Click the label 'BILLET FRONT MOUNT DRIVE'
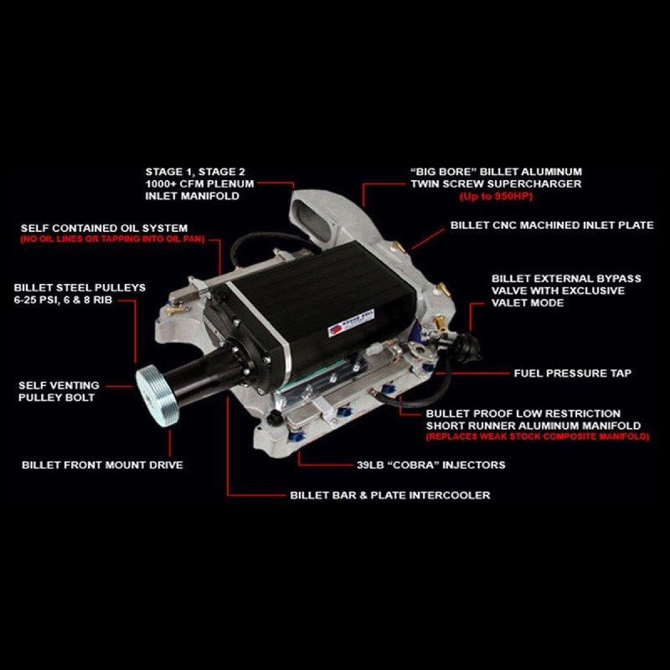tap(102, 464)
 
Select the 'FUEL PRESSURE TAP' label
tap(572, 373)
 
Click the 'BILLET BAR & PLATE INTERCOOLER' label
tap(389, 495)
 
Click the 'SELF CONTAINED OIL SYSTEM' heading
tap(105, 228)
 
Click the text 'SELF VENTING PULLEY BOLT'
tap(58, 391)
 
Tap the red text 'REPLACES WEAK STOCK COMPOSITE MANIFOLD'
tap(537, 437)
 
